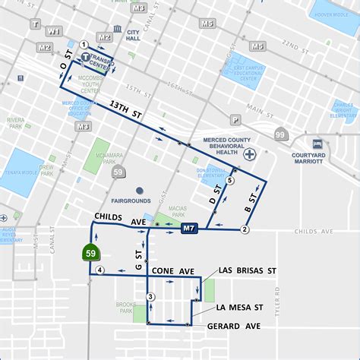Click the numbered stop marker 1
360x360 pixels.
[84, 44]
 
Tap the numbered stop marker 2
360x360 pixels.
[245, 229]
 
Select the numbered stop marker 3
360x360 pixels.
[150, 296]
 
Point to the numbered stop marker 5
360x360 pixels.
[229, 181]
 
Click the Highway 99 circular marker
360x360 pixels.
[280, 135]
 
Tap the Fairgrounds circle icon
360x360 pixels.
[139, 190]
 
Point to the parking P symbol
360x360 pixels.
[236, 119]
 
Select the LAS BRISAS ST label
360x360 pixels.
[245, 270]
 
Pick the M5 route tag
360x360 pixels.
[207, 24]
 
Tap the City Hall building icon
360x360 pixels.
[120, 34]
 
